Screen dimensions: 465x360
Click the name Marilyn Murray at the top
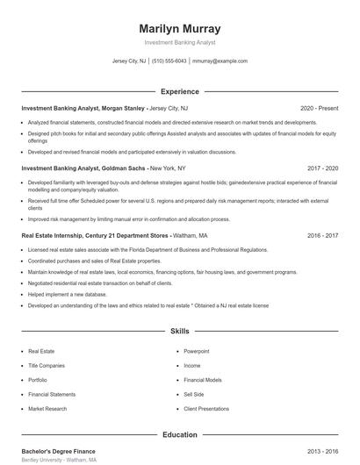pos(179,28)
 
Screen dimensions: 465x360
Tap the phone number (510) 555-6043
pos(169,61)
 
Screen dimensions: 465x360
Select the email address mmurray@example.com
pos(220,61)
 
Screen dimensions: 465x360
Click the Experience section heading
pos(179,91)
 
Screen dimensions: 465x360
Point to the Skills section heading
pos(179,332)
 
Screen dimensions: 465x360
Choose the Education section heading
pos(179,434)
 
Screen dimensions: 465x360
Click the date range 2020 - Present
pos(319,108)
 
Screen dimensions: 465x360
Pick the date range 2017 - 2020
pos(322,167)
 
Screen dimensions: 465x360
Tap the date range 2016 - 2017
pos(322,235)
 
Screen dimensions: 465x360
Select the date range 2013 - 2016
pos(322,450)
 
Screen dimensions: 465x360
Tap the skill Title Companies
pos(46,364)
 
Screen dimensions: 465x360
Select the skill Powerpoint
pos(197,350)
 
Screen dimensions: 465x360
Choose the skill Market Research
pos(47,409)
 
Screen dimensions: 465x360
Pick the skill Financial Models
pos(202,380)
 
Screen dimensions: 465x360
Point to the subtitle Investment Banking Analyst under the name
pos(179,42)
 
